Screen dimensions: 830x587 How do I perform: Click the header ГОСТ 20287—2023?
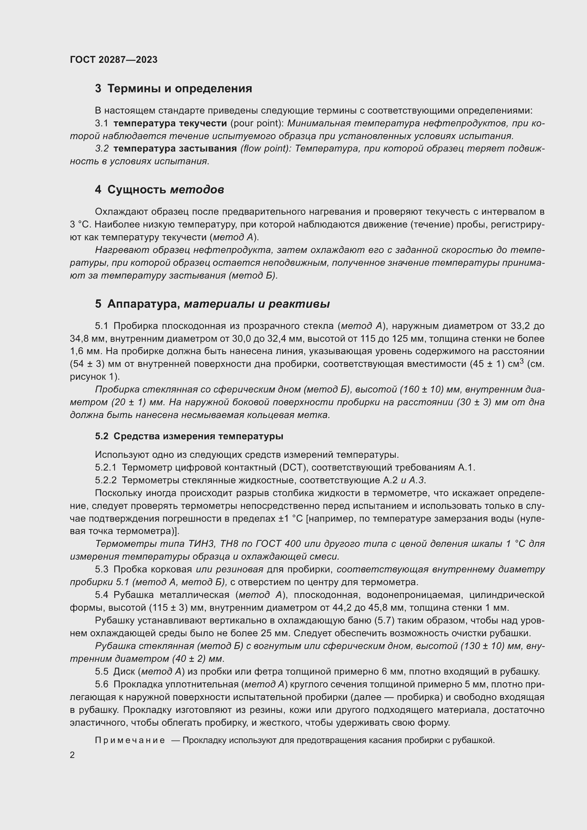(114, 60)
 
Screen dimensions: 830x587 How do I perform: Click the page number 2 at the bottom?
(72, 755)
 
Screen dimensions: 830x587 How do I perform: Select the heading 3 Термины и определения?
(173, 89)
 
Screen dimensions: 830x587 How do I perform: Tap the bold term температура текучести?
(170, 123)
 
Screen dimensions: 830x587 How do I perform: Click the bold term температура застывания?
(175, 149)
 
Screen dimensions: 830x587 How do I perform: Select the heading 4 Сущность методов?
(159, 190)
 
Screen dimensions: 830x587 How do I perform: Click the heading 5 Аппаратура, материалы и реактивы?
(212, 304)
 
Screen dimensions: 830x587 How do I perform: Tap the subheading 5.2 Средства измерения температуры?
(189, 436)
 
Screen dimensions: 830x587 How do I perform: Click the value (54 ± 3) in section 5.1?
(87, 364)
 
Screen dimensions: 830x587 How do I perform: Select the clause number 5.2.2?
(105, 480)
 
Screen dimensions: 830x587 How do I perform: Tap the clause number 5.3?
(102, 569)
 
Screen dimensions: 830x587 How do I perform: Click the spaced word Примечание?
(130, 740)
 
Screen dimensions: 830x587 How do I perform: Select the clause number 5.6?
(102, 684)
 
